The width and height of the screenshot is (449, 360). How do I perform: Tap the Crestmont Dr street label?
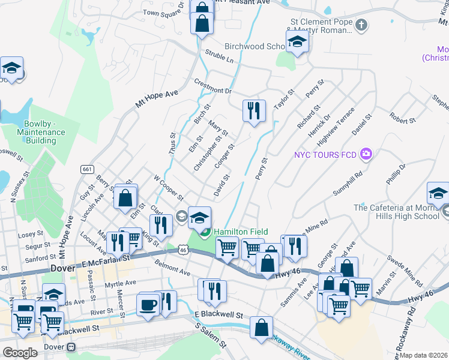pos(212,87)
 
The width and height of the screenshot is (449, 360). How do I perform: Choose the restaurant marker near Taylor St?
pos(253,110)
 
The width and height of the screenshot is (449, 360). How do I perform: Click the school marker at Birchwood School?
pos(297,42)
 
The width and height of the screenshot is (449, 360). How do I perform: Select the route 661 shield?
pos(88,170)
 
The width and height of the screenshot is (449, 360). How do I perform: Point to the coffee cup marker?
pos(148,304)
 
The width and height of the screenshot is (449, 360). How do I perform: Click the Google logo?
pos(20,353)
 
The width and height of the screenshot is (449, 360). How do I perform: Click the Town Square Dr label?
pos(163,13)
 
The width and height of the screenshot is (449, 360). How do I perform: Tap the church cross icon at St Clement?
pos(361,25)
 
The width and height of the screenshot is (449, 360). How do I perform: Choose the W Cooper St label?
pos(168,187)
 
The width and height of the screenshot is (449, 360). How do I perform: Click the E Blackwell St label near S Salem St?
pos(218,314)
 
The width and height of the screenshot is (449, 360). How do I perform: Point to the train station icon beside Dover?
pos(72,347)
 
